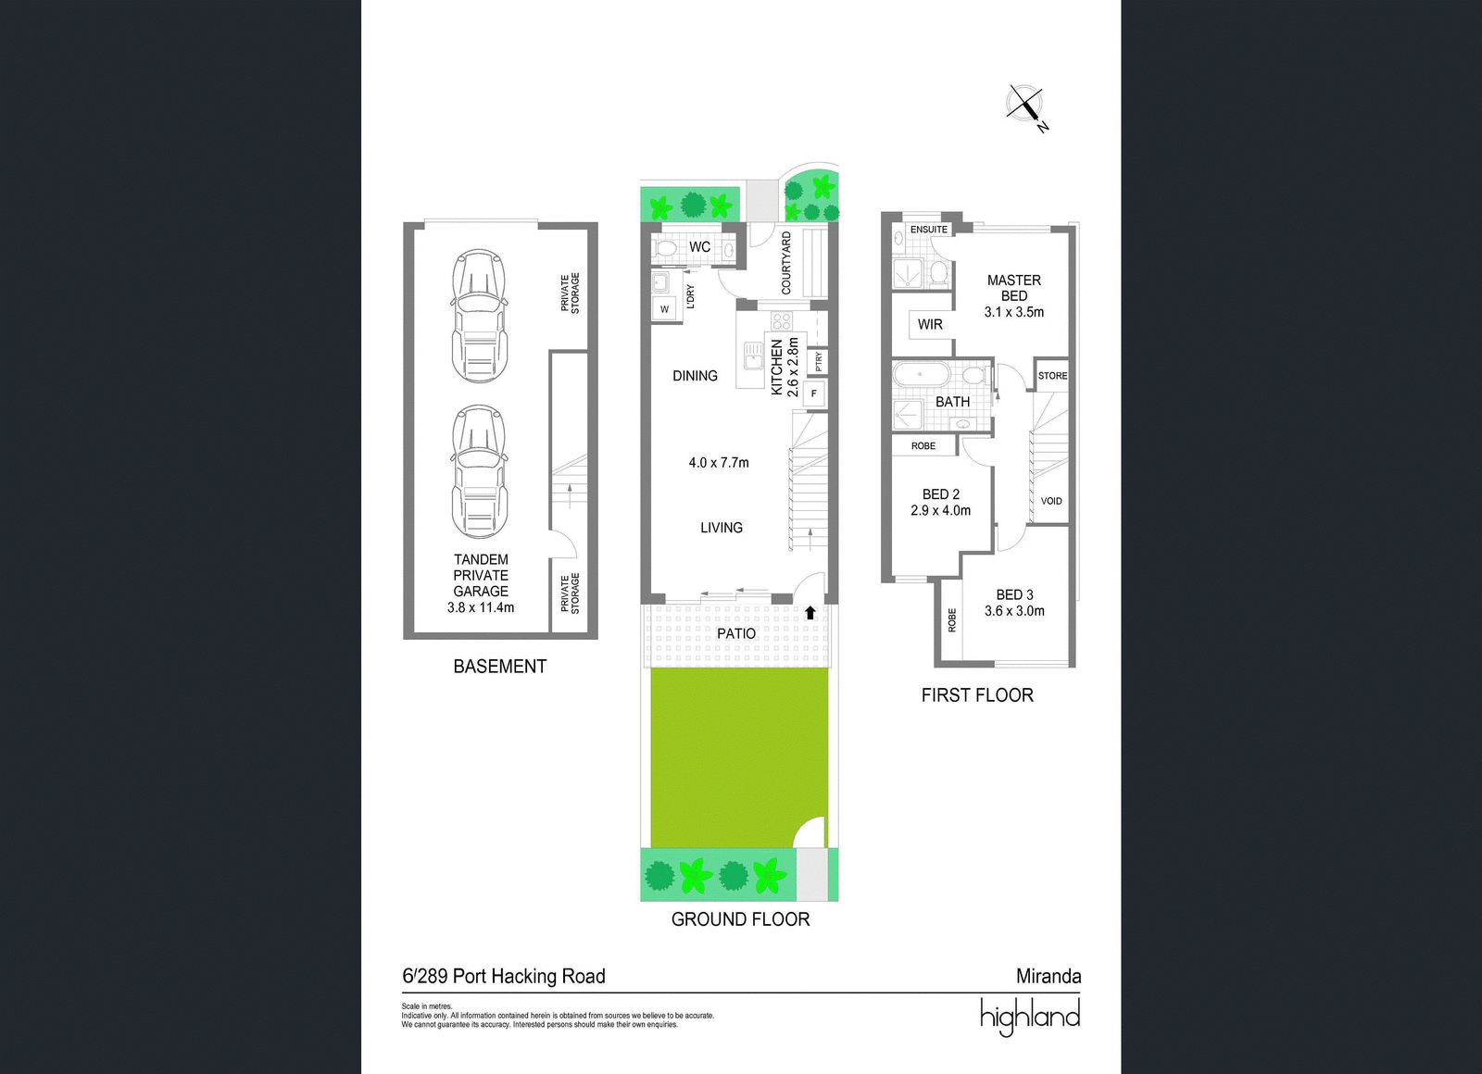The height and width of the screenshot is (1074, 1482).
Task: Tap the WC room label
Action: (699, 246)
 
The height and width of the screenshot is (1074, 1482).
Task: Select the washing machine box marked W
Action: (665, 309)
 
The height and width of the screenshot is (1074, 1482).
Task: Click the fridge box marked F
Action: (814, 393)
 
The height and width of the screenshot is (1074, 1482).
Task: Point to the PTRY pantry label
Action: (819, 361)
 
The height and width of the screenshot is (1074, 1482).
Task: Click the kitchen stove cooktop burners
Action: (782, 321)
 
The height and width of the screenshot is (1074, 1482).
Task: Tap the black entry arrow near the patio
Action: (810, 612)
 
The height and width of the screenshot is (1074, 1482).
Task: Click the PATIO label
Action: (735, 633)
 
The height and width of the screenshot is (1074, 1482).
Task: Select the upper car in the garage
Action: (481, 316)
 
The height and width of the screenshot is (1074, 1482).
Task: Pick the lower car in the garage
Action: (481, 471)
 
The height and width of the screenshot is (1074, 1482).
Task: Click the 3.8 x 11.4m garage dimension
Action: (481, 607)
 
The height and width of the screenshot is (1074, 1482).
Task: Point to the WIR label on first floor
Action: (930, 325)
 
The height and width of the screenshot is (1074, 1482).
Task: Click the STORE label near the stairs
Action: (1052, 376)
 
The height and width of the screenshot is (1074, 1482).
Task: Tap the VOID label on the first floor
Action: (1051, 501)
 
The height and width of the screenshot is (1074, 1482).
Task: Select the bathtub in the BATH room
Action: (922, 375)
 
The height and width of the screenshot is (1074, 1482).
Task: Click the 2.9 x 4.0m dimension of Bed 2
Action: (940, 510)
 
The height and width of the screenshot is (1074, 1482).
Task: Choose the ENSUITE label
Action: (929, 230)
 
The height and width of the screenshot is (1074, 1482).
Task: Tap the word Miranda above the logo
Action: (1049, 976)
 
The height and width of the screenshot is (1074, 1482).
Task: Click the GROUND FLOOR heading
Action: (740, 919)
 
